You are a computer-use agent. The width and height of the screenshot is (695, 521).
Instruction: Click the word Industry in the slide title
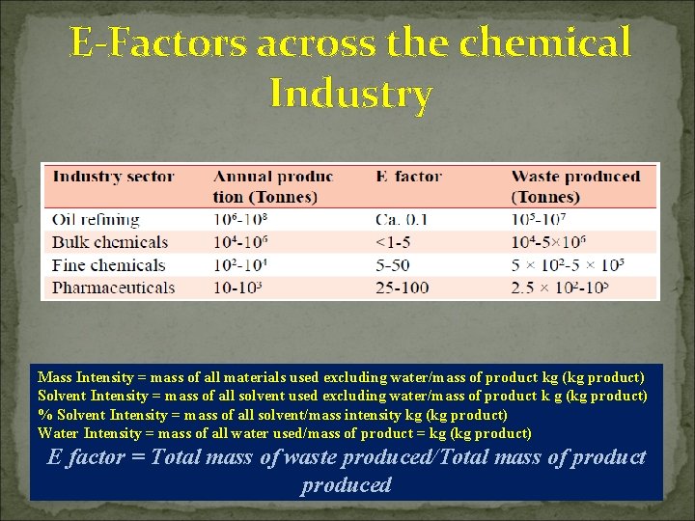coord(350,95)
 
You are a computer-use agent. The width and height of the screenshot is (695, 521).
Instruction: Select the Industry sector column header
coord(113,177)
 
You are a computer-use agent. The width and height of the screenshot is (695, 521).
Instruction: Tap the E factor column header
coord(408,177)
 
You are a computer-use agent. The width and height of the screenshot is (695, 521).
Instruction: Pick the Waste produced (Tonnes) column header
coord(575,186)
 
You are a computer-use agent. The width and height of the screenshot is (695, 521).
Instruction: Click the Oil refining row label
coord(96,220)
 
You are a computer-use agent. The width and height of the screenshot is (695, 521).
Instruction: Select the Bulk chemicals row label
coord(110,242)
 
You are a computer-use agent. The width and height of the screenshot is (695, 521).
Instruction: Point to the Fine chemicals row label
coord(109,265)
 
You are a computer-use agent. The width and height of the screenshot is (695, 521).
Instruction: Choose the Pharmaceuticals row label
coord(114,288)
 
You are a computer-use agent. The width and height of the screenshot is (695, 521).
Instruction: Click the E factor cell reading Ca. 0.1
coord(402,220)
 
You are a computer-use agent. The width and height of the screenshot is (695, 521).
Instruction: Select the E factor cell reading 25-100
coord(403,288)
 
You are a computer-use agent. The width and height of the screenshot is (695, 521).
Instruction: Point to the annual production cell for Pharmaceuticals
coord(238,288)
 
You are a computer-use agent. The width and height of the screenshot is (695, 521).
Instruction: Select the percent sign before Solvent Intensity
coord(43,415)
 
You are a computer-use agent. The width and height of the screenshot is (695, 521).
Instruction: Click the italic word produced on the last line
coord(346,484)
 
